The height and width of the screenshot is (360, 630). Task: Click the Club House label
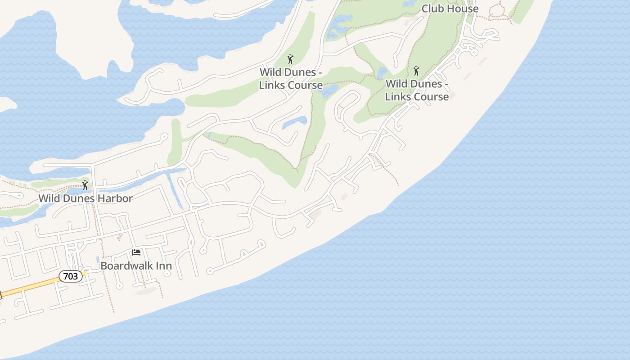450,9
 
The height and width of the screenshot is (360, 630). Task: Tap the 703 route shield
71,276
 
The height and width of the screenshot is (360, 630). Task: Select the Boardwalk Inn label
136,265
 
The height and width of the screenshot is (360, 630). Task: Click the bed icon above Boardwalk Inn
136,252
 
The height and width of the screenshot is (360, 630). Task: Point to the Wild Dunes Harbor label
85,198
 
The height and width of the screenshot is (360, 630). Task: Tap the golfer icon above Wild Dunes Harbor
85,185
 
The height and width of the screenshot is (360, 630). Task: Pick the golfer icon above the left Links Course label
291,59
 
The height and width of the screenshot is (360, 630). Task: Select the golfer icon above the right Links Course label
417,71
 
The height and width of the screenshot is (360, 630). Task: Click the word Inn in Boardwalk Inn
163,265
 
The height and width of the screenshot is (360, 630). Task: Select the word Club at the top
432,9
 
